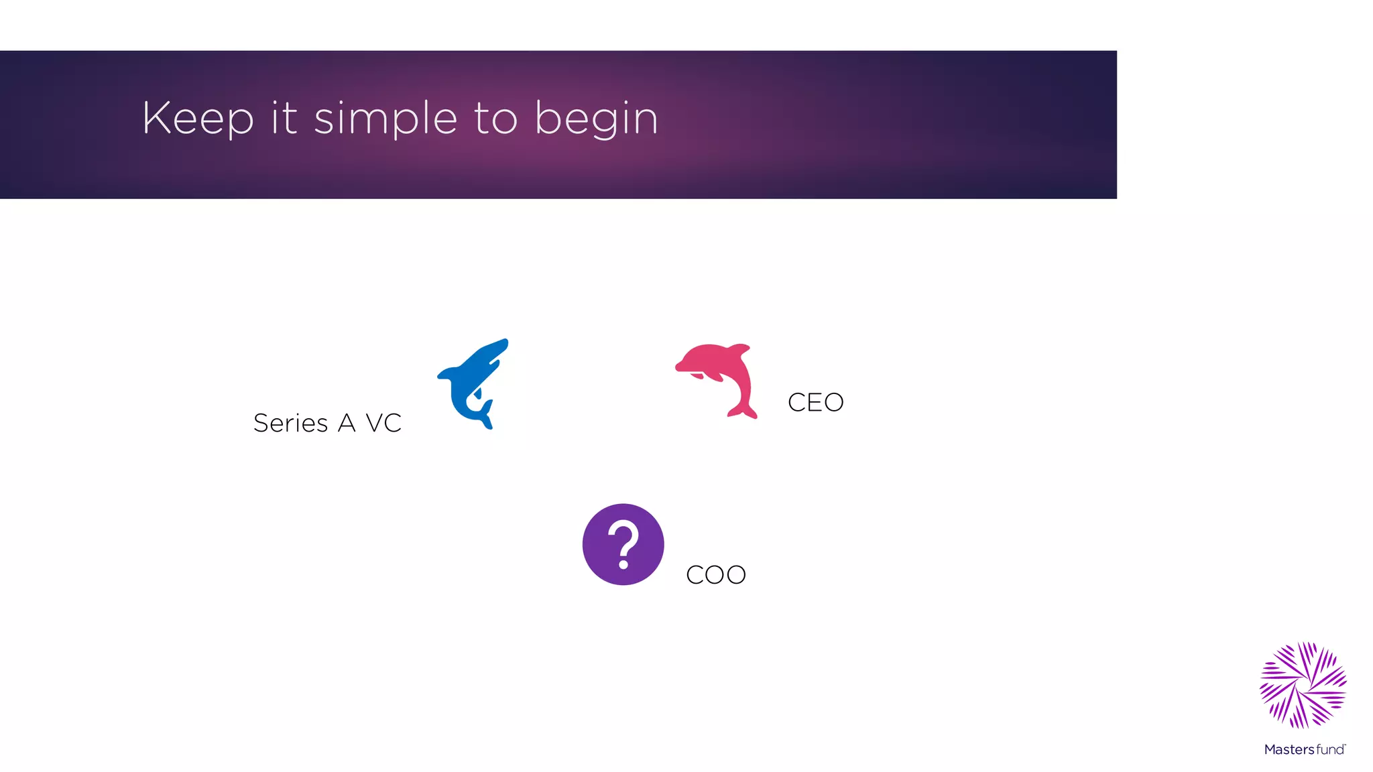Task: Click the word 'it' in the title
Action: pos(284,118)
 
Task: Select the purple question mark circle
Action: pos(623,544)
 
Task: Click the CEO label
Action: pos(815,403)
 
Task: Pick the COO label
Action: pos(716,575)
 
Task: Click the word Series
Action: pos(290,424)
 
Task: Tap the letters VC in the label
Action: pos(383,424)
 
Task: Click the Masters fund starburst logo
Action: pos(1303,685)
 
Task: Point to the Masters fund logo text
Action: pos(1304,749)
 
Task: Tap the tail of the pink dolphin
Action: pos(743,411)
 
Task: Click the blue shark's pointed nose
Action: pos(505,342)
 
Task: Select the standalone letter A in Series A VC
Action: pos(347,424)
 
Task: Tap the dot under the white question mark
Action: pos(623,564)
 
